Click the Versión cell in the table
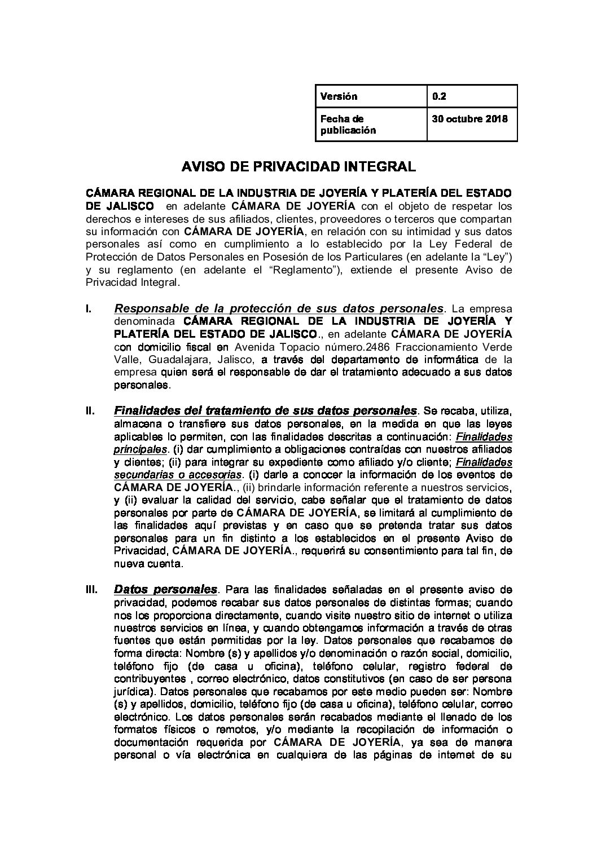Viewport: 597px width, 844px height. click(339, 96)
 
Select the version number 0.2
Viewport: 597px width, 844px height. click(439, 96)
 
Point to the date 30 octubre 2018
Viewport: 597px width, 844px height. click(469, 119)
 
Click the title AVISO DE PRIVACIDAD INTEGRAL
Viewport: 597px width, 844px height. click(298, 166)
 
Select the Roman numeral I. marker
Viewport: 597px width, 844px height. click(88, 309)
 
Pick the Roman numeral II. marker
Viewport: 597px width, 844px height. click(90, 410)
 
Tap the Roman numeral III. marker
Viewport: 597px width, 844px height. click(91, 590)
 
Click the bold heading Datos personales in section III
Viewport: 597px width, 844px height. click(165, 590)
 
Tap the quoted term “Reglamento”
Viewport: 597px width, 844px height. click(309, 269)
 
